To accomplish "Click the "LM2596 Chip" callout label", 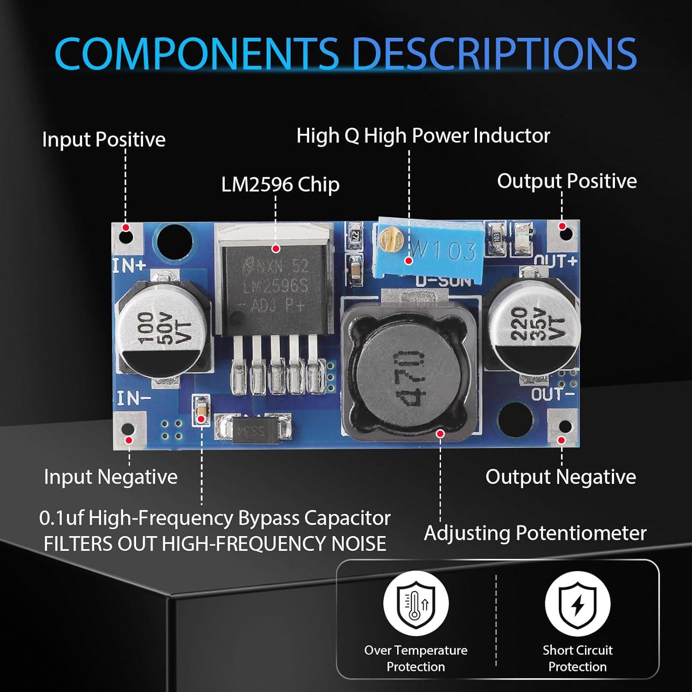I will point(280,185).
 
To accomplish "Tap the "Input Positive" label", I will point(103,139).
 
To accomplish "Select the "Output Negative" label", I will point(560,477).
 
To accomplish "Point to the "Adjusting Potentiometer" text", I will point(535,533).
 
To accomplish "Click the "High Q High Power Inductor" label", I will point(423,136).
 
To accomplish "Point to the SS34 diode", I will point(253,429).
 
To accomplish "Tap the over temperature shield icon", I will point(416,603).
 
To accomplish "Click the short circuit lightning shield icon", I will point(577,603).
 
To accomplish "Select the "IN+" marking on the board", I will point(130,266).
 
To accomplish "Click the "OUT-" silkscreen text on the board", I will point(553,394).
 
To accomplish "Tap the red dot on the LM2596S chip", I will point(276,249).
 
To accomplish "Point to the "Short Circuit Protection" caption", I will point(577,658).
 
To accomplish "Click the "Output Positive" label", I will point(567,181).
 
